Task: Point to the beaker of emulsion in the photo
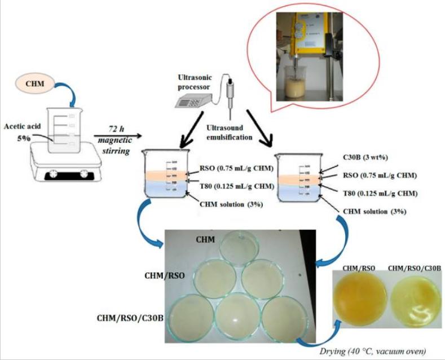(x=299, y=91)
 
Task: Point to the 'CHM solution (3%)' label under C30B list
(x=372, y=212)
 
